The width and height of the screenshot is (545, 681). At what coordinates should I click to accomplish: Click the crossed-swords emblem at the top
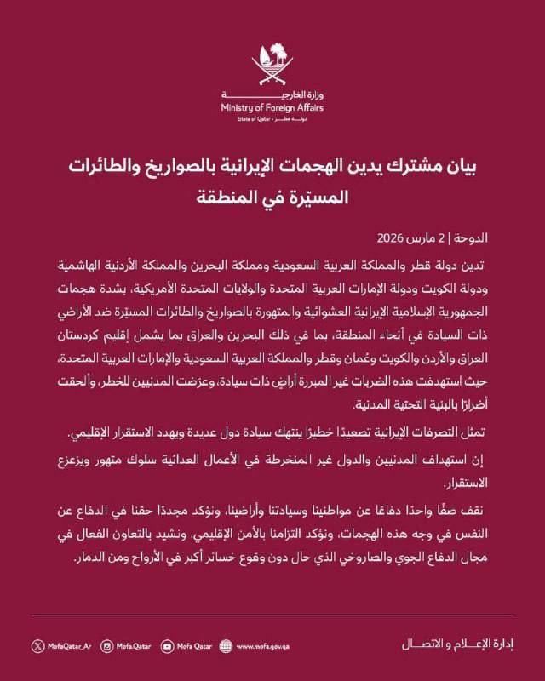(x=272, y=67)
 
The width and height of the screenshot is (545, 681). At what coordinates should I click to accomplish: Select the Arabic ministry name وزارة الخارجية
(x=287, y=95)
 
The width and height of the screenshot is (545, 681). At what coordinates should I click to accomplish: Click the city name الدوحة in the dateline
(x=491, y=237)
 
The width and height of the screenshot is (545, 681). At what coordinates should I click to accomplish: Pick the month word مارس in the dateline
(x=444, y=237)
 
